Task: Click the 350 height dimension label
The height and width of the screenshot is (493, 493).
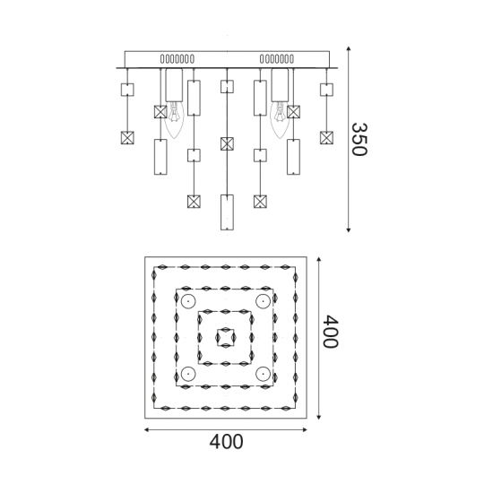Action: [x=359, y=139]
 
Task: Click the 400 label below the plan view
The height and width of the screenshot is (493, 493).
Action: [x=226, y=441]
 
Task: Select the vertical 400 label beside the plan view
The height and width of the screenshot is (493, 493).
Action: [x=331, y=331]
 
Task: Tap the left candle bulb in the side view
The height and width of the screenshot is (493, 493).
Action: [x=174, y=120]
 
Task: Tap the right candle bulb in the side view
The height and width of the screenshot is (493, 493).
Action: [x=280, y=120]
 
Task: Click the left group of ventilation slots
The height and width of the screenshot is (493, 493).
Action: [x=177, y=59]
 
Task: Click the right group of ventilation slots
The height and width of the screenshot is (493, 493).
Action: [x=277, y=59]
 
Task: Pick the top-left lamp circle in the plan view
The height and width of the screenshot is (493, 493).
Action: [x=188, y=301]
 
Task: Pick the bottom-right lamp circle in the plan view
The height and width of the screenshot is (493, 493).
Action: [x=264, y=374]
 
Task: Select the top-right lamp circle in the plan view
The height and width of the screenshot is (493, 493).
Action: [x=264, y=301]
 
